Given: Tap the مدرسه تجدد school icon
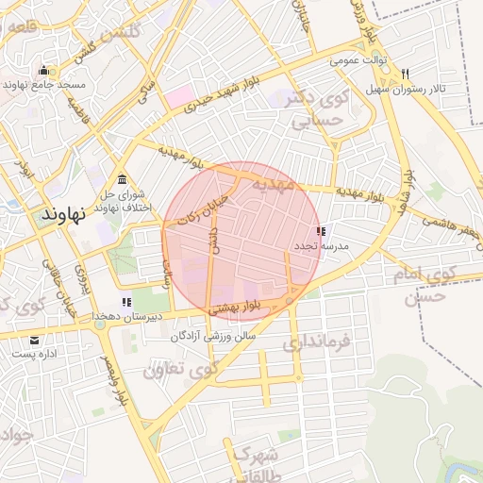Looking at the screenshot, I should (321, 231).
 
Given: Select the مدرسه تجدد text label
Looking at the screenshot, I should (321, 245).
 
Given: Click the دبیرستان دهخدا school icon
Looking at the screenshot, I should (126, 302).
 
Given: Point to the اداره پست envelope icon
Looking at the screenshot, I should (35, 341).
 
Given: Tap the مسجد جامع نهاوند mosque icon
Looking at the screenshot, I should (43, 71).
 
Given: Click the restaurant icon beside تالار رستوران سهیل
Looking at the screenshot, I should (405, 74).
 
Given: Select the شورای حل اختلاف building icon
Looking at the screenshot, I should (122, 180).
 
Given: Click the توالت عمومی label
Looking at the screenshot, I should (359, 60).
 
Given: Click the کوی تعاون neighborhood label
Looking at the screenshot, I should (179, 368).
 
